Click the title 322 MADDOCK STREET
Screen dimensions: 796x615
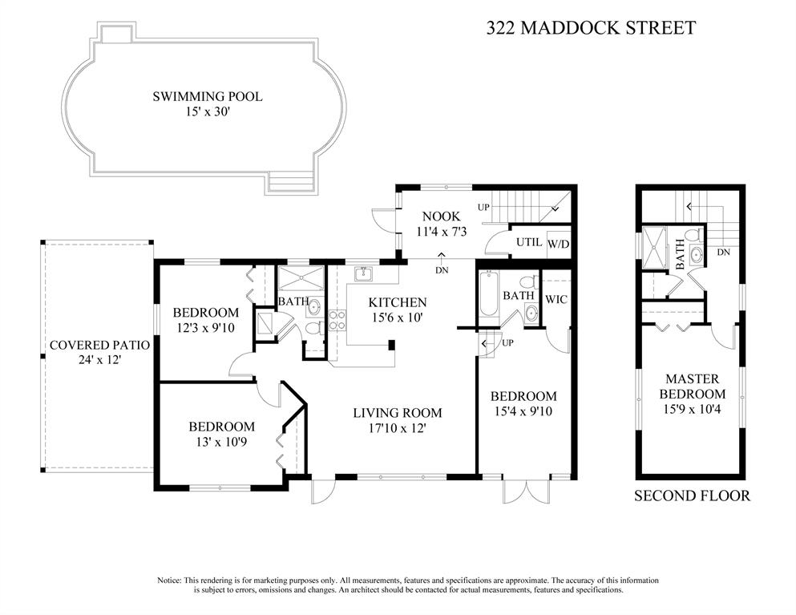pos(591,27)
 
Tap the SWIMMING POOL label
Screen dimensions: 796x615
pos(208,96)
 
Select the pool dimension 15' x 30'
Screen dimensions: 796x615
pos(208,111)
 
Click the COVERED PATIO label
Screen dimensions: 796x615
pos(99,346)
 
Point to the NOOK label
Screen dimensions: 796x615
pos(441,216)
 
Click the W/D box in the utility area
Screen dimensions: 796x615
pos(559,245)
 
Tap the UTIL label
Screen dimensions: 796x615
pos(529,242)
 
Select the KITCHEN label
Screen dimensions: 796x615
pos(398,302)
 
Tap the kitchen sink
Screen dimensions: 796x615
pos(363,273)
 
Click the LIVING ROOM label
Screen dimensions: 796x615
pos(398,413)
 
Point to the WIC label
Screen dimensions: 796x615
pos(556,299)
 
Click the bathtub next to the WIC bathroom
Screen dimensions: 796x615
pos(488,295)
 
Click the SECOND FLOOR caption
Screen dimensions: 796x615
pos(692,496)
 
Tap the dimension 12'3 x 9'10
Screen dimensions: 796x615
pos(205,328)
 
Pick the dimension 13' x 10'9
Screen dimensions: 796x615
pos(221,443)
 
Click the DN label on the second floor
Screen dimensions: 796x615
pos(723,252)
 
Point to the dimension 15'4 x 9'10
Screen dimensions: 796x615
pos(523,411)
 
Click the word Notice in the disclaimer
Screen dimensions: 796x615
pos(169,580)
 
